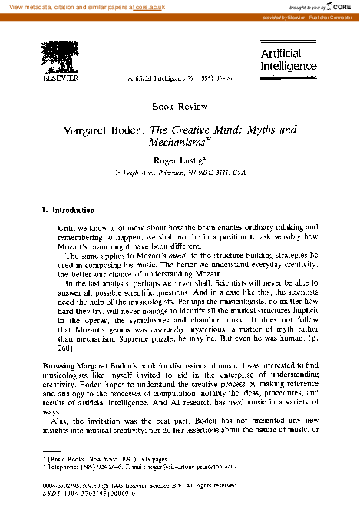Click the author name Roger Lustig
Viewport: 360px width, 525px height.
tap(180, 160)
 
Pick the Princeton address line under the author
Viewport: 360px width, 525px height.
tap(179, 174)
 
